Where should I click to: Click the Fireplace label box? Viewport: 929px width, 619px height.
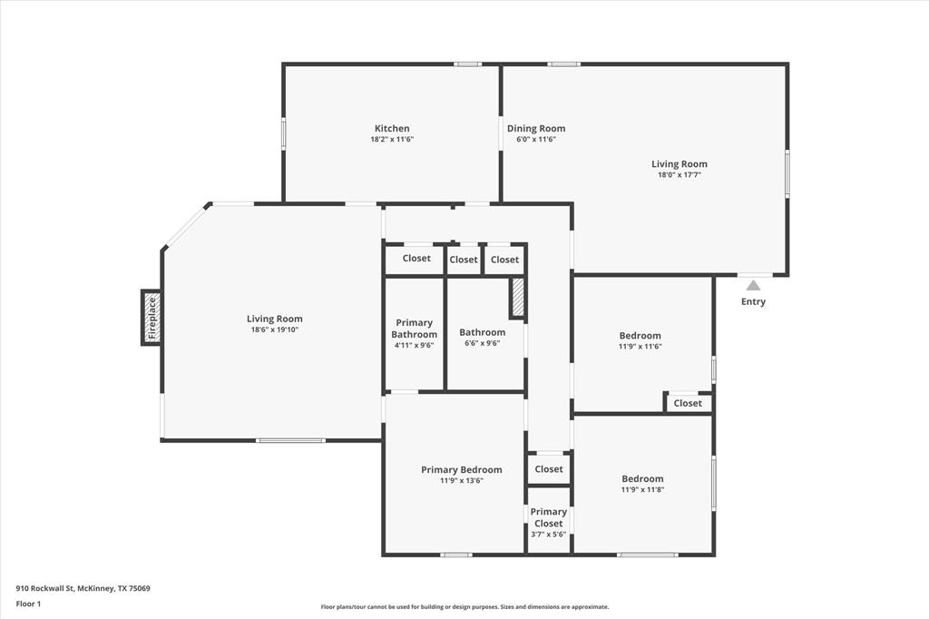[152, 318]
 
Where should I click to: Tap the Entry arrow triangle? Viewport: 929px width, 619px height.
[753, 285]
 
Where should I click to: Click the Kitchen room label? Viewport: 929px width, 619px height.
[392, 128]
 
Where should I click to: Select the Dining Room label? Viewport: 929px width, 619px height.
[535, 128]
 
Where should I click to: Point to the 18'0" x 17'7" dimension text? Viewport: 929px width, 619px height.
[679, 175]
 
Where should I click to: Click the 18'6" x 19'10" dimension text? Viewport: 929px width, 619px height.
[274, 329]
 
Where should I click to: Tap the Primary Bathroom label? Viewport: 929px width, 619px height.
[414, 329]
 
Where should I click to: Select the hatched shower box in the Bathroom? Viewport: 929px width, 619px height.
[518, 298]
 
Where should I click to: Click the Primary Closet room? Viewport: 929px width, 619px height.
[549, 523]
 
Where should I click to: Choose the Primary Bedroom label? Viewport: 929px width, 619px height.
[461, 469]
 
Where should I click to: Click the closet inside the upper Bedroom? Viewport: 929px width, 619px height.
[688, 403]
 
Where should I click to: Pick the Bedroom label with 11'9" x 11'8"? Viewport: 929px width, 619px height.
[642, 478]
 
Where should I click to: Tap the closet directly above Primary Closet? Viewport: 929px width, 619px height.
[549, 469]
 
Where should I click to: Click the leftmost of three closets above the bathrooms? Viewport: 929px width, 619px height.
[416, 259]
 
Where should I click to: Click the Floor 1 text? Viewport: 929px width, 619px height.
[30, 603]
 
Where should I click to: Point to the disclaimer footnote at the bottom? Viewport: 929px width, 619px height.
[464, 607]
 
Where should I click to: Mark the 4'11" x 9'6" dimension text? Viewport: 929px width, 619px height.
[414, 345]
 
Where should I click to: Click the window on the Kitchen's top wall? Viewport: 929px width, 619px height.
[467, 64]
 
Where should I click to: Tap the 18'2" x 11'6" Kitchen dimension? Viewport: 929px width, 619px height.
[392, 139]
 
